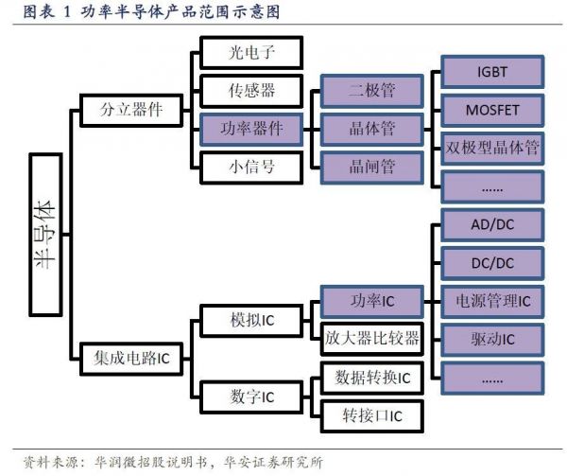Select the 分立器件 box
pos(131,109)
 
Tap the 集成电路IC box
pos(131,358)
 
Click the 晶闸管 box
pos(371,165)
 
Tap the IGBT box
pos(491,71)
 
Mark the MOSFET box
pos(491,109)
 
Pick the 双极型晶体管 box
pos(491,147)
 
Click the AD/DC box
pos(491,225)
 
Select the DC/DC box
pos(491,263)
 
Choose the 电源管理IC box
pos(491,301)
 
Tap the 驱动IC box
pos(491,339)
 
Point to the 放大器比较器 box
pos(371,338)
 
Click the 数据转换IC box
pos(371,377)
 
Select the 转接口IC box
pos(371,414)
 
